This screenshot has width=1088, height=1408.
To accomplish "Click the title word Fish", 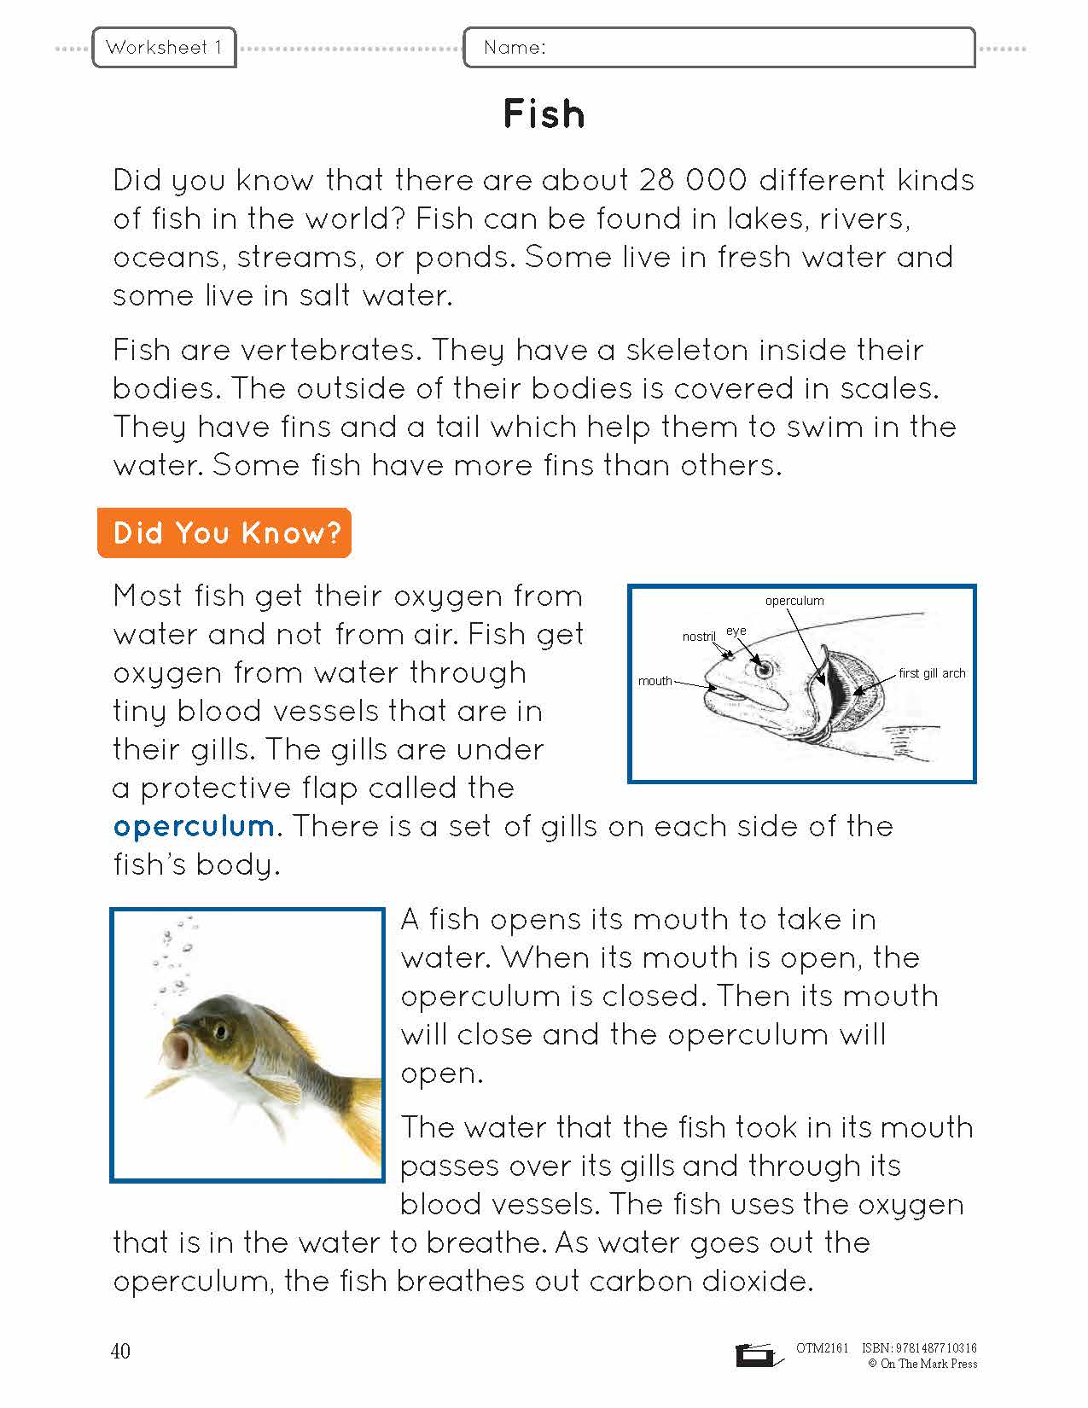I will (544, 114).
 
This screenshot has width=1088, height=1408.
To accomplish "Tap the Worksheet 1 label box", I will (164, 48).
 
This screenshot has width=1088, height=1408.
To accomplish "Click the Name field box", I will (719, 48).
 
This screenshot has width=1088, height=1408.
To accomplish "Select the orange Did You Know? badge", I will (224, 532).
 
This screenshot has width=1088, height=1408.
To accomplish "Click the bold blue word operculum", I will (194, 826).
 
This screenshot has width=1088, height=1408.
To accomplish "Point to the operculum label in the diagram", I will (794, 601).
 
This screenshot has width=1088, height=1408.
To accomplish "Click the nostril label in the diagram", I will (699, 637).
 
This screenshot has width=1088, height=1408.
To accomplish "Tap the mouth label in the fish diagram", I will (655, 681).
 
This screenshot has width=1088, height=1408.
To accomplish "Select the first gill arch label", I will (932, 673).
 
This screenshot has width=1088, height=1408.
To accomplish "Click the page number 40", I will (120, 1351).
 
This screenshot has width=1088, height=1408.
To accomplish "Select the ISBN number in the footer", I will (919, 1348).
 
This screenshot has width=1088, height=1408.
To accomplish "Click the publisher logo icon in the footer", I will (756, 1355).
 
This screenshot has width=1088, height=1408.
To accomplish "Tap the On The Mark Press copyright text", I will (922, 1364).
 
